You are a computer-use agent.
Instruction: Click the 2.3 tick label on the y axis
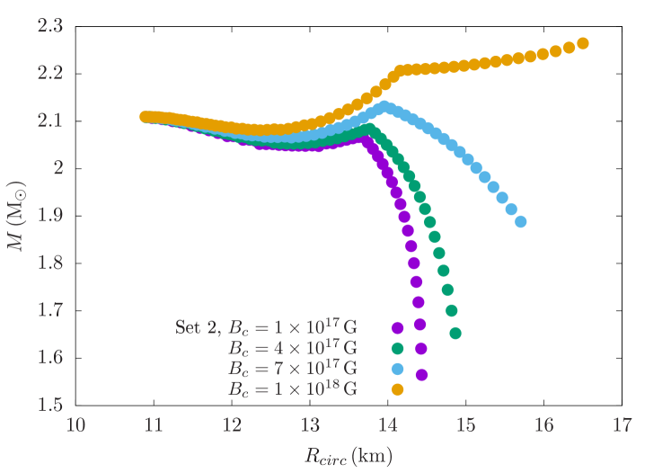pos(49,25)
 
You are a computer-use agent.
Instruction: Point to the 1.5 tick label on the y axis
pos(49,405)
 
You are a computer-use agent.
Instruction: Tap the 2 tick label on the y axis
pos(56,167)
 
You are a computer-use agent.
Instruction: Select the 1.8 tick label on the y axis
pos(49,263)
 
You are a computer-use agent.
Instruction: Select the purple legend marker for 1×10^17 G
pos(397,327)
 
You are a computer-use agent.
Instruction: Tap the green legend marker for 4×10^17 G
pos(397,348)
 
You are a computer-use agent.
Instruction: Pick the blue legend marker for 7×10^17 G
pos(397,369)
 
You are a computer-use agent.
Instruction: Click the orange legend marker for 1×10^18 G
pos(397,389)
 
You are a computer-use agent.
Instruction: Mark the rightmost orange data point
pos(582,43)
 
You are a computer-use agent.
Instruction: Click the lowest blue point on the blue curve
pos(520,221)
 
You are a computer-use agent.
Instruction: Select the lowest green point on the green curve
pos(455,334)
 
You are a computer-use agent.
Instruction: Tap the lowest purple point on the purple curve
pos(421,374)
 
